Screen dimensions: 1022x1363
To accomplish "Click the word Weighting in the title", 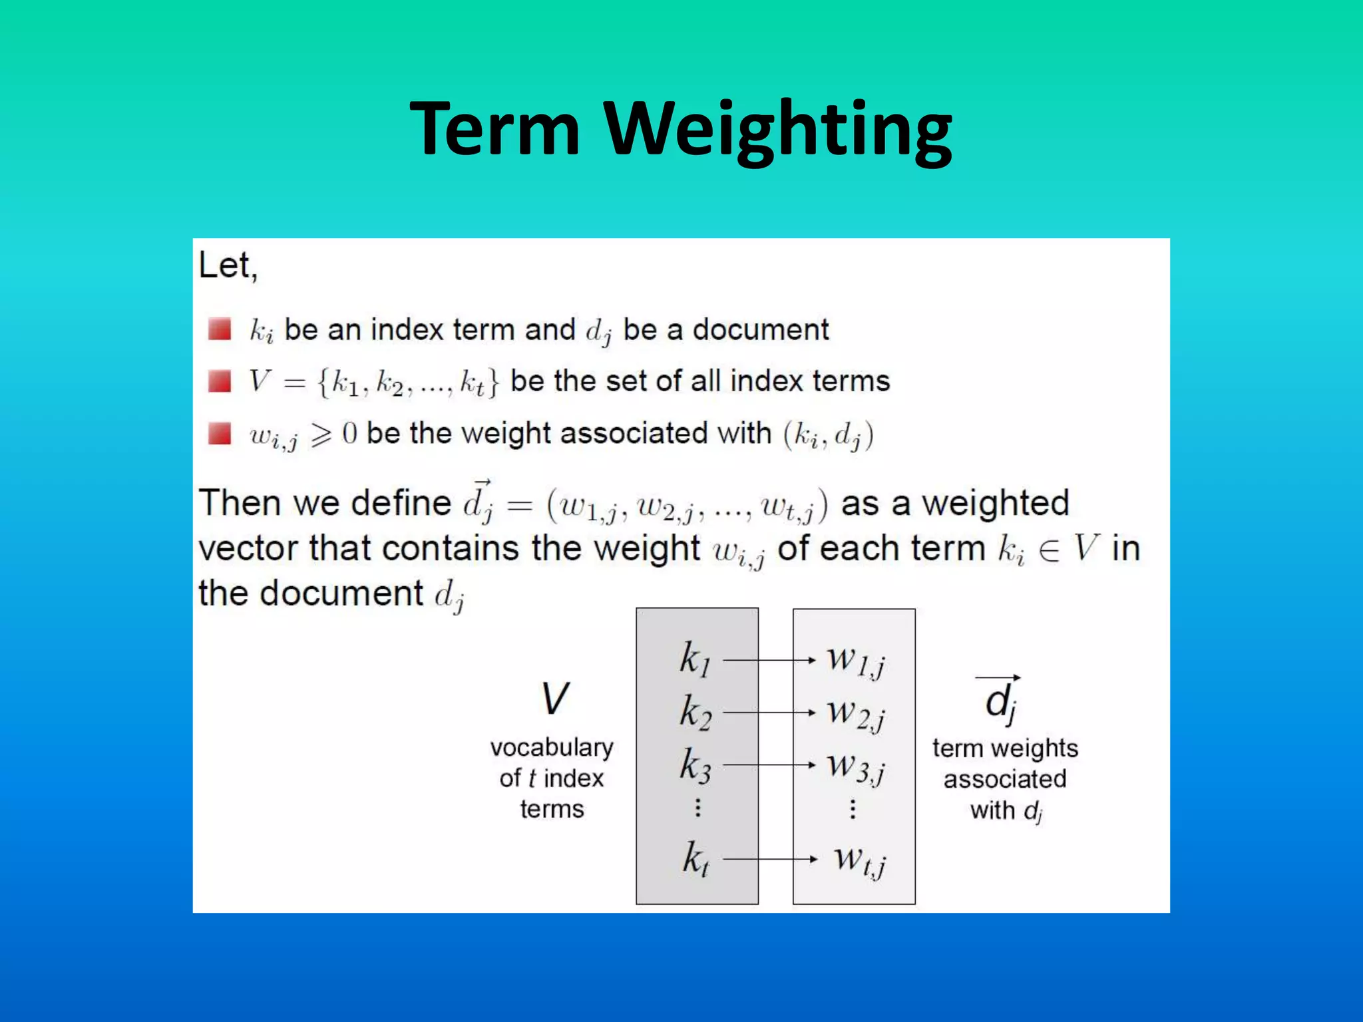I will coord(779,130).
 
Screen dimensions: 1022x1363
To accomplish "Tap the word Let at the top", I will coord(226,265).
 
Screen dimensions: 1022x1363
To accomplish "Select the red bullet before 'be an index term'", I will coord(220,329).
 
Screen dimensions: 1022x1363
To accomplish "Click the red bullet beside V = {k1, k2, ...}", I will coord(220,381).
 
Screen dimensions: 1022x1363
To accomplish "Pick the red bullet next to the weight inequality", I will coord(220,433).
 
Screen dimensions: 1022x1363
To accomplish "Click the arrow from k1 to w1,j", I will coord(769,660).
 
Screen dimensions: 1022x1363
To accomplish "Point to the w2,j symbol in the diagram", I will coord(856,713).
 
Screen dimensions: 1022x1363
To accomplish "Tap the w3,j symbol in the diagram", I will coord(856,766).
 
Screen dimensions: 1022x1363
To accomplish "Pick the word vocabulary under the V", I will coord(552,748).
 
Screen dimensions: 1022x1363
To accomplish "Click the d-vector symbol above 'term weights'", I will coord(1000,699).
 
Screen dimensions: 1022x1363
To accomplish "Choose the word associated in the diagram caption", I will coord(1005,779).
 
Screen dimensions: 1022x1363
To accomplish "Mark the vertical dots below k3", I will coord(697,808).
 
